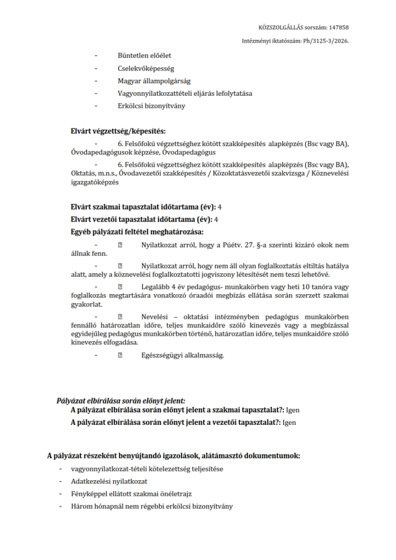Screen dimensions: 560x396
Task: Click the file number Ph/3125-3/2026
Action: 326,41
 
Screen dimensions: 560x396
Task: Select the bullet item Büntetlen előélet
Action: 144,55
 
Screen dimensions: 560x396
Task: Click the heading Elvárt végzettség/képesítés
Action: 118,131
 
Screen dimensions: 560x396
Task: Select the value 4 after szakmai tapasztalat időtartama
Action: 219,207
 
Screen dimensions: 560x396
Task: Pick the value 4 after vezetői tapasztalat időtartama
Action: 217,219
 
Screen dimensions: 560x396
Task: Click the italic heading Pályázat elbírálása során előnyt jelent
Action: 121,401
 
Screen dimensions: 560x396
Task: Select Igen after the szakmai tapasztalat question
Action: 293,410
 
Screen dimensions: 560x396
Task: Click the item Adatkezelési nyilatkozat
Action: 109,482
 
